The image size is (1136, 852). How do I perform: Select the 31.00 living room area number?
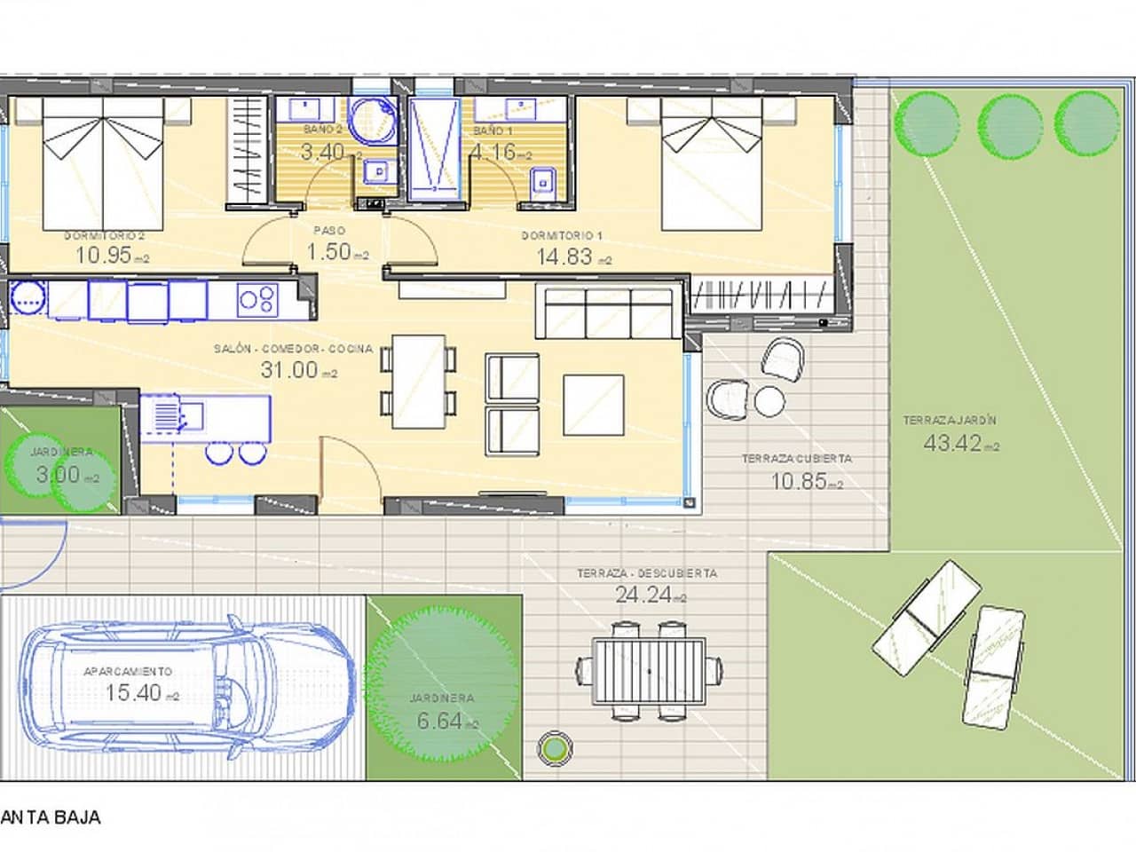coord(289,369)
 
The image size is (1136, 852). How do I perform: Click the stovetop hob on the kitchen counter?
coord(257,299)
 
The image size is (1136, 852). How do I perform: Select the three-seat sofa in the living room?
coord(608,312)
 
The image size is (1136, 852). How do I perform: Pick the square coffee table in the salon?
coord(593,405)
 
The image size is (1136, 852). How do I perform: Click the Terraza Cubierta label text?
coord(796,459)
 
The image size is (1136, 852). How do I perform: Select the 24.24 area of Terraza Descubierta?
coord(643,596)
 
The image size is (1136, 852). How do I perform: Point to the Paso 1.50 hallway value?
coord(328,252)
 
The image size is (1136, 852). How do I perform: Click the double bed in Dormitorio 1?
coord(712,163)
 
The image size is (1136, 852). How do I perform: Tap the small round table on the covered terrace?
coord(769,400)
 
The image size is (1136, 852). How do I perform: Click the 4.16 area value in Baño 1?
coord(493,152)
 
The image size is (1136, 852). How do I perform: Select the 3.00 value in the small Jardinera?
coord(55,474)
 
